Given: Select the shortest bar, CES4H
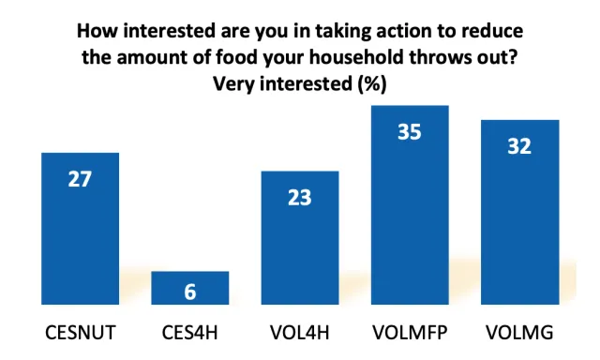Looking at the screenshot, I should coord(190,288).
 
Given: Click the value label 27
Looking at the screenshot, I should coord(80,178).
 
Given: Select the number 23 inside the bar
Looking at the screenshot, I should coord(300,197).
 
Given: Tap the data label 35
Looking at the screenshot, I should coord(410,132).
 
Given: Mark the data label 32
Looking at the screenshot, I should coord(519,146).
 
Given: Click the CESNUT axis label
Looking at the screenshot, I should coord(80,333).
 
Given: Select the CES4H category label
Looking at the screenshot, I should coord(190,333).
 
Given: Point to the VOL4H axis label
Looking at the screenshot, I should coord(300,333).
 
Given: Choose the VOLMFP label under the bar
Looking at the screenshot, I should coord(410,333).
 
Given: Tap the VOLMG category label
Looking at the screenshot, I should coord(519,333).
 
